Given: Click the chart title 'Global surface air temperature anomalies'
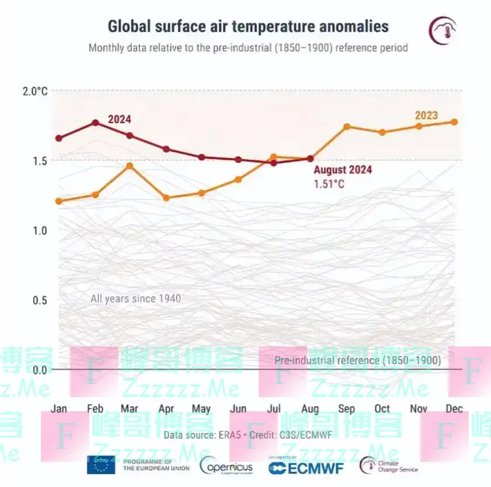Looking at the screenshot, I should (x=248, y=26).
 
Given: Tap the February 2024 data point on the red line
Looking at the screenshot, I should (x=95, y=122).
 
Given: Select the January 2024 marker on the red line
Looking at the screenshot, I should (x=59, y=138).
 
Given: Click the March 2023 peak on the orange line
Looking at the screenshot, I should (x=130, y=166).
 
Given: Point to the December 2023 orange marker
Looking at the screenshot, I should (x=454, y=122).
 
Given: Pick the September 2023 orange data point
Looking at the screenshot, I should (x=347, y=127).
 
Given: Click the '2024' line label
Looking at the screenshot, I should (x=120, y=120).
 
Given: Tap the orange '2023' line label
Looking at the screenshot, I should (x=426, y=115).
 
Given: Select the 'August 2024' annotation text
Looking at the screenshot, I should (x=343, y=170).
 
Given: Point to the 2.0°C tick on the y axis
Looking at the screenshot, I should (x=35, y=91).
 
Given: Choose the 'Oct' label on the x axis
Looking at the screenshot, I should (x=382, y=409).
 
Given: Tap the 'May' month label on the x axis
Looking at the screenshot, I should (x=201, y=409).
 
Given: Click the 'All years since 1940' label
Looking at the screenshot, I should (x=135, y=299).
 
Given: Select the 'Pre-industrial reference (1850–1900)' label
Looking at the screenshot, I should (x=357, y=360).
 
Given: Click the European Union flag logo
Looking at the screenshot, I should (x=101, y=465).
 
